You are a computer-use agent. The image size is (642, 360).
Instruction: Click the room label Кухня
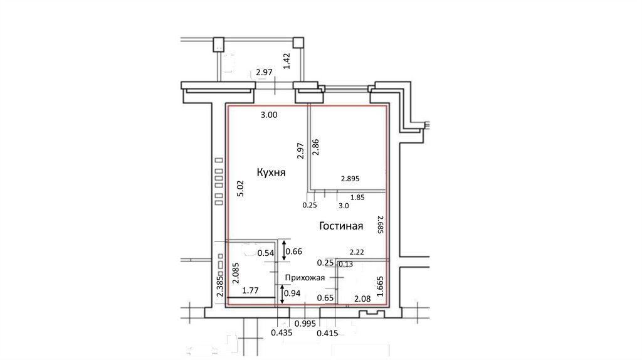[271, 172]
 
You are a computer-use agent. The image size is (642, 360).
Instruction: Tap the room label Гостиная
[341, 226]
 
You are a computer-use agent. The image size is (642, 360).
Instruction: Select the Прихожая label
[305, 278]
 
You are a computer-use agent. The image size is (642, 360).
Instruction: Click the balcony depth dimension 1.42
[287, 61]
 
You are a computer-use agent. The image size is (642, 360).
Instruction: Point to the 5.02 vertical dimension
[241, 188]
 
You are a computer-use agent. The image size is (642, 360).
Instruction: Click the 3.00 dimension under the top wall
[269, 115]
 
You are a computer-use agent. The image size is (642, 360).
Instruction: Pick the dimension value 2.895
[350, 179]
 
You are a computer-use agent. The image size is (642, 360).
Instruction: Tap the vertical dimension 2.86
[315, 147]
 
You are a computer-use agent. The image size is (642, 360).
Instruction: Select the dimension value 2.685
[380, 225]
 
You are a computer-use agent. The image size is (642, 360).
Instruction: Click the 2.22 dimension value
[357, 252]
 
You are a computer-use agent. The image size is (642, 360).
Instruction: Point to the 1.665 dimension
[380, 286]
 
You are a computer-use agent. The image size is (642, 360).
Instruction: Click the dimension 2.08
[362, 299]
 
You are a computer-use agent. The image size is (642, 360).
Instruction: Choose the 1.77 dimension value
[250, 291]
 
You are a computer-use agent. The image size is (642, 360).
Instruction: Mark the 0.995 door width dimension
[305, 324]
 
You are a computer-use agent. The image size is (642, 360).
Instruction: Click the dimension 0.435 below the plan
[282, 332]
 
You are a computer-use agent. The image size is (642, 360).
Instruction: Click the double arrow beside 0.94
[282, 295]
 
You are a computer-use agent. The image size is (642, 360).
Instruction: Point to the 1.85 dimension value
[357, 198]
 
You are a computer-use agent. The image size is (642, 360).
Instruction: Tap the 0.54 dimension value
[266, 253]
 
